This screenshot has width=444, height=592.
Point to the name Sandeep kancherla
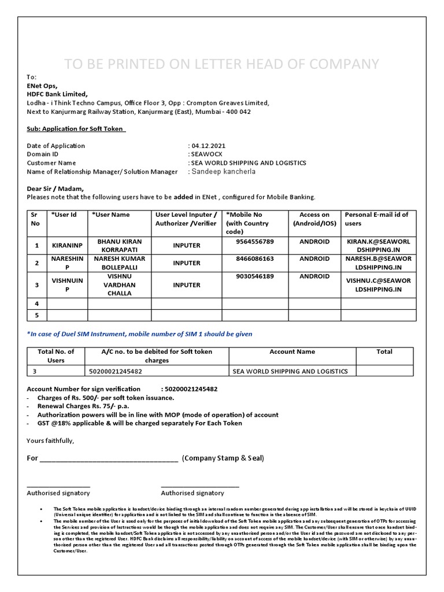[x=223, y=172]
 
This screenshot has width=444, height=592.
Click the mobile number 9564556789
[x=255, y=241]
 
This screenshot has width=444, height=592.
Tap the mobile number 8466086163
[x=255, y=259]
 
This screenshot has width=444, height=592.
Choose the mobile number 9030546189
[x=255, y=276]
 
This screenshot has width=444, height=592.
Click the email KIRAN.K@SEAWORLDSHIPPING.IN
[x=378, y=245]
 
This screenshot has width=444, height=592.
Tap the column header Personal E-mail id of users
[x=376, y=219]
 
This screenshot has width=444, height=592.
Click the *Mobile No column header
[x=247, y=223]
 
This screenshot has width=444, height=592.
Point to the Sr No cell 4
[x=36, y=303]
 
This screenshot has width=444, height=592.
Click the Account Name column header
[x=292, y=351]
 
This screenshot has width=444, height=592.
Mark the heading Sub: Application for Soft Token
[x=76, y=129]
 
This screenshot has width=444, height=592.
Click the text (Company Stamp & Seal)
[x=223, y=458]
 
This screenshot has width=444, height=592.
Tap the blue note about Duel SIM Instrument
[x=139, y=334]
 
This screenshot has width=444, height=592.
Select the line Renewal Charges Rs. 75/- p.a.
[x=79, y=406]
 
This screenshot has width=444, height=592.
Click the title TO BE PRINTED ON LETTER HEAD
[x=221, y=64]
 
